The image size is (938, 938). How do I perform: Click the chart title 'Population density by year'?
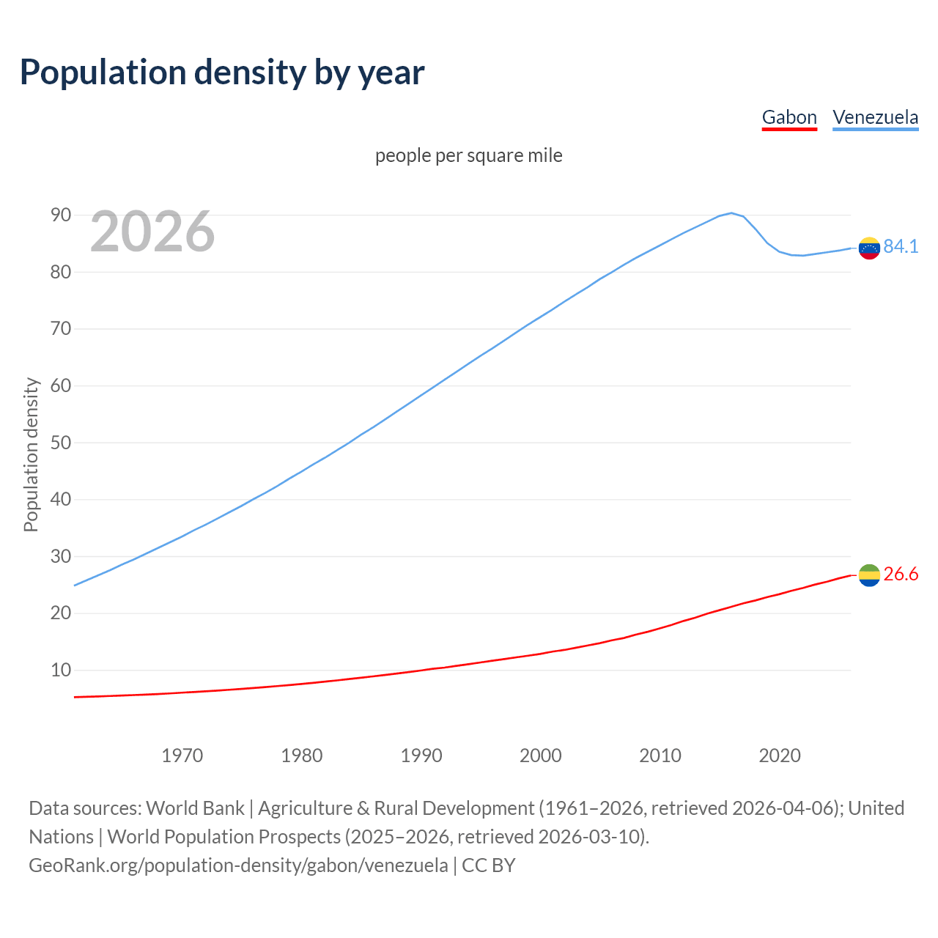[222, 72]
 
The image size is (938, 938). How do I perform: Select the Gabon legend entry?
[789, 117]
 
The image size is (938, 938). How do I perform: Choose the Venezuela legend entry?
[875, 117]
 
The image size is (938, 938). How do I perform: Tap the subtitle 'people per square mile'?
[469, 155]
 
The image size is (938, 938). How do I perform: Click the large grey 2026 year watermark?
[152, 232]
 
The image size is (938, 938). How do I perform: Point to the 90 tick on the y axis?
[61, 215]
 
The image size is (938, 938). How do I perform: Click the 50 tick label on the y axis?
[61, 443]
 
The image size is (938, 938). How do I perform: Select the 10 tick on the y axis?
[61, 670]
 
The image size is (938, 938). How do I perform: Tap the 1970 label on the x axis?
[182, 756]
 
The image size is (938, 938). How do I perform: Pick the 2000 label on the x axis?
[541, 756]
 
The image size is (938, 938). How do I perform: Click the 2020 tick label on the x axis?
[780, 756]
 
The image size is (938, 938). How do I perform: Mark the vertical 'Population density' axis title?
[31, 454]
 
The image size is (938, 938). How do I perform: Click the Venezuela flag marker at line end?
[869, 248]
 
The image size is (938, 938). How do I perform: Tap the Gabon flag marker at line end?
[869, 575]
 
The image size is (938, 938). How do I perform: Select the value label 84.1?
[901, 246]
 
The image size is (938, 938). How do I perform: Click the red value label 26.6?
[901, 574]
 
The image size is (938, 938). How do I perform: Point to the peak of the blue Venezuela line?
[731, 213]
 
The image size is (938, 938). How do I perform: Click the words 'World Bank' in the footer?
[195, 808]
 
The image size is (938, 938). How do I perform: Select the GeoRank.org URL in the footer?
[238, 865]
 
